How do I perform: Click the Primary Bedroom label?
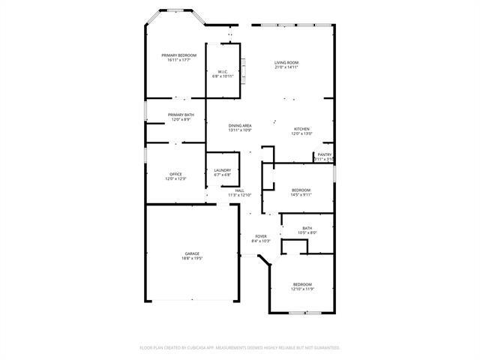click(178, 55)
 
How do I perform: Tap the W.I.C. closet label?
click(223, 72)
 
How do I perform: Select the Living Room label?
click(286, 62)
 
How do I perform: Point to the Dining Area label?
click(240, 125)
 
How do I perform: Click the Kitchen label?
click(301, 129)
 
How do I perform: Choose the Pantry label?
click(324, 154)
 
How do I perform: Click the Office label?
click(175, 174)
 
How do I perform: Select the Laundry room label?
click(222, 170)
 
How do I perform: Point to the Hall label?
click(240, 190)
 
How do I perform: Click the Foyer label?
click(261, 236)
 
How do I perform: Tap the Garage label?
click(192, 253)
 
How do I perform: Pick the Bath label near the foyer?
click(307, 228)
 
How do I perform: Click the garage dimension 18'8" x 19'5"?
click(192, 259)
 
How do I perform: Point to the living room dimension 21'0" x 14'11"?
click(286, 67)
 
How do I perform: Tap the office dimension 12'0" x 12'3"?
click(175, 179)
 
